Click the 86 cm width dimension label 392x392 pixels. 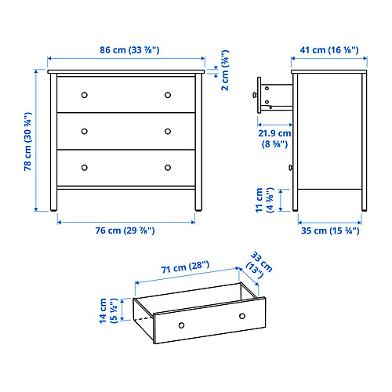[126, 51]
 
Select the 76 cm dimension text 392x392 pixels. [126, 230]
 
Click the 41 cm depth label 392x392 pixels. [329, 51]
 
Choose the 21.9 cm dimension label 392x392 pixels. [274, 139]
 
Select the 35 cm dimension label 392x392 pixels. [329, 230]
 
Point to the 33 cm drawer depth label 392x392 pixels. [256, 263]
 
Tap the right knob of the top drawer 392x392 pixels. [168, 95]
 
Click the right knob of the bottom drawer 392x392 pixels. [168, 167]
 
